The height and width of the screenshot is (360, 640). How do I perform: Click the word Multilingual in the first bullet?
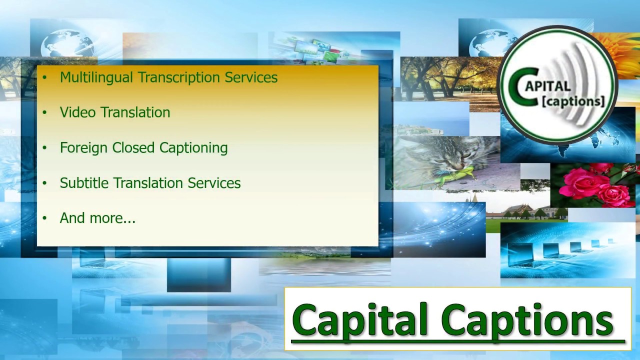[x=96, y=77]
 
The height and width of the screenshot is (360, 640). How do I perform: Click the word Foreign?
[x=84, y=148]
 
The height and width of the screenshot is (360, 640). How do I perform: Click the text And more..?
[x=97, y=218]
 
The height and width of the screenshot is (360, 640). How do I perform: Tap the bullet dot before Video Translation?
[x=44, y=113]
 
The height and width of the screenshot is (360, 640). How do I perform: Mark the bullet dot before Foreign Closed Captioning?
[x=44, y=148]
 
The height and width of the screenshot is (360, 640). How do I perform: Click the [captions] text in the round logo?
[x=573, y=101]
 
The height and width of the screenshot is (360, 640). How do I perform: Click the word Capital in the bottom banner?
[x=360, y=320]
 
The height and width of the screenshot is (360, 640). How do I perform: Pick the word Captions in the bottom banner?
[x=527, y=320]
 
